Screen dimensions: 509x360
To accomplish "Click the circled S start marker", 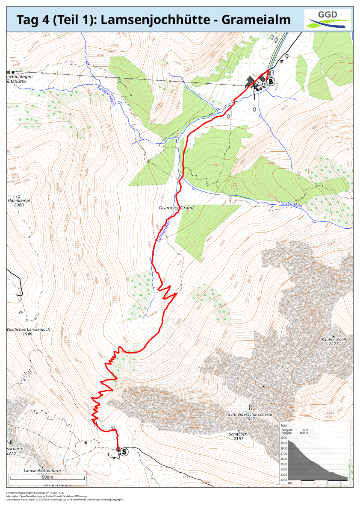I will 124,451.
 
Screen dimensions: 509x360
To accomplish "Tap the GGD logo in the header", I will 328,19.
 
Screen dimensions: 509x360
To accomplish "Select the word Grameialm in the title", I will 258,20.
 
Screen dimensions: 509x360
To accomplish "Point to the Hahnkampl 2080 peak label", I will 19,202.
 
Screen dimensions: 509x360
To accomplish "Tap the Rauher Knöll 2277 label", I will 333,341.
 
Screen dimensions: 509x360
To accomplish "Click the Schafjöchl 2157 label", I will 239,436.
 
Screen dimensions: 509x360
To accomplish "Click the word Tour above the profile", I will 284,426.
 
